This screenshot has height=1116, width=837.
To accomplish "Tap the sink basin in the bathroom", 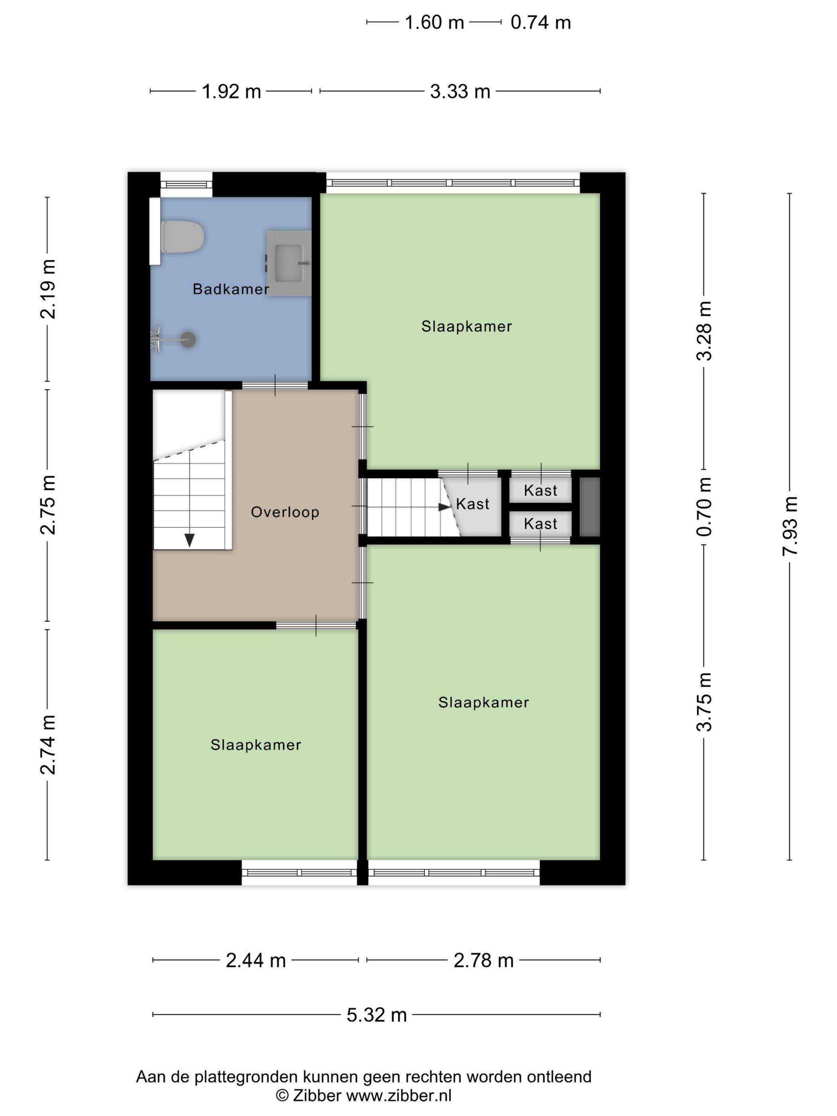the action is (x=289, y=263).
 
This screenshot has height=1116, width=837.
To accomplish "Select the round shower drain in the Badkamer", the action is (x=188, y=340).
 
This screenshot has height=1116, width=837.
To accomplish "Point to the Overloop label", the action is (x=285, y=512).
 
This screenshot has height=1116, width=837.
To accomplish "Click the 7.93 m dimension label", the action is (x=790, y=526).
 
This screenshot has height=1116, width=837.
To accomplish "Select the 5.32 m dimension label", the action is (x=376, y=1015).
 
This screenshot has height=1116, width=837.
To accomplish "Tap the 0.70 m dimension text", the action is (x=704, y=507).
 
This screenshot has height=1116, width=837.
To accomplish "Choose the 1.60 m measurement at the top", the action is (x=434, y=23).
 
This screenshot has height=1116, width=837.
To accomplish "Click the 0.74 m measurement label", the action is (x=540, y=23).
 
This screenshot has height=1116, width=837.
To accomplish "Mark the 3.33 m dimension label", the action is (x=460, y=92).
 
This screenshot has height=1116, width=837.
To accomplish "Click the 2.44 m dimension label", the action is (x=256, y=960).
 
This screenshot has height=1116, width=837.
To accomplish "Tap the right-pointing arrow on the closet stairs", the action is (x=444, y=507).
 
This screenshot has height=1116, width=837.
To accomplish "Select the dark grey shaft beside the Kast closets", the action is (x=589, y=507).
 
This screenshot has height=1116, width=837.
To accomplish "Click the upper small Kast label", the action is (x=540, y=490).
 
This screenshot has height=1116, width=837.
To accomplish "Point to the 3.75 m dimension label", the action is (x=704, y=702).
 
